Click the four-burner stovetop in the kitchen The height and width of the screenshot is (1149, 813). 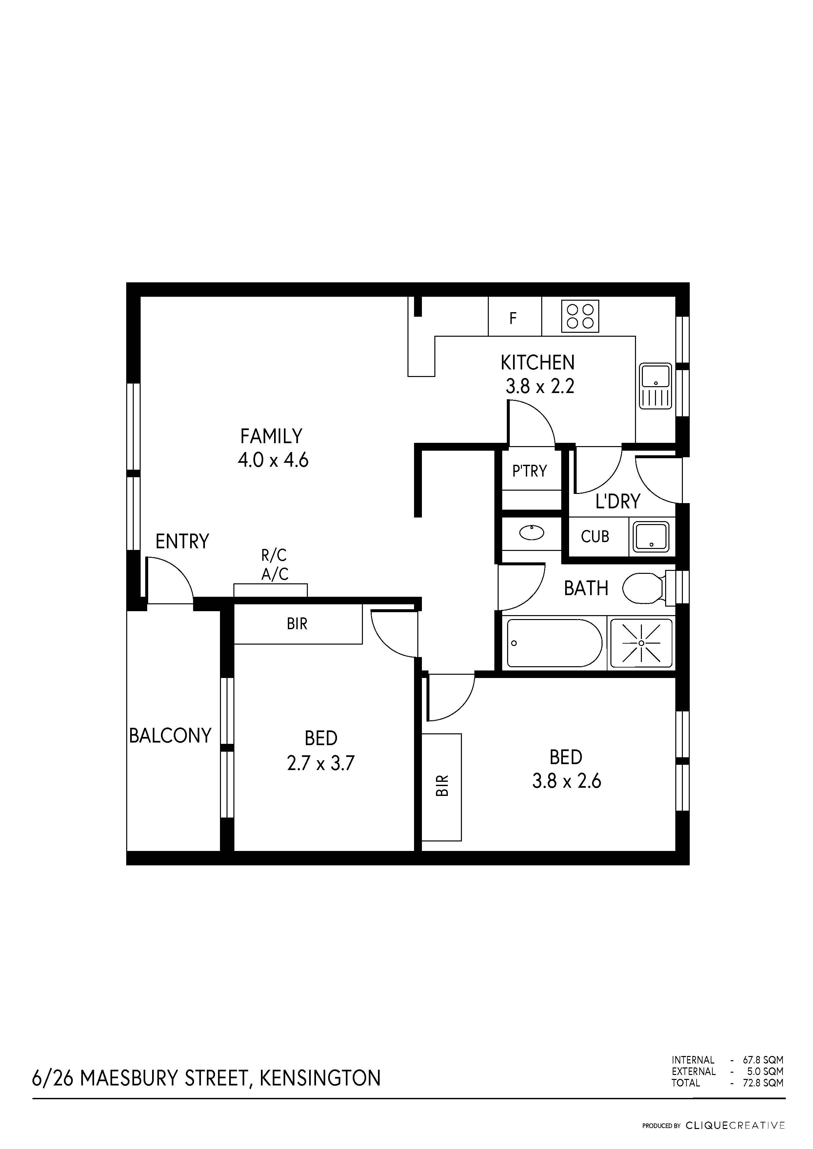point(580,316)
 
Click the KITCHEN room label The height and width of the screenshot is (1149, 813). point(538,362)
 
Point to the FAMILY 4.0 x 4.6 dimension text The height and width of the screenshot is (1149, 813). point(273,460)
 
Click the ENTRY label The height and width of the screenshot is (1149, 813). point(182,541)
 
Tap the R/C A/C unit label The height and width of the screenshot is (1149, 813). point(274,564)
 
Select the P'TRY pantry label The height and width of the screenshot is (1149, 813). point(529,471)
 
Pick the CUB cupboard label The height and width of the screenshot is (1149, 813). point(595,537)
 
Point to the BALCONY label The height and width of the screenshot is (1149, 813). point(170,735)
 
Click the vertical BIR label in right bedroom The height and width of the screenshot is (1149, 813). point(442,786)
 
